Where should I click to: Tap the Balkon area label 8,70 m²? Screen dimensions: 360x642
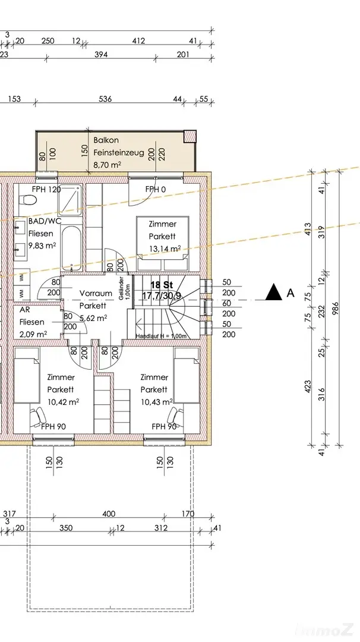(107, 165)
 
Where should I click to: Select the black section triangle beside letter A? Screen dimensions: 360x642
(274, 292)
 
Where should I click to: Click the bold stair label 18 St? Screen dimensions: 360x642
(162, 285)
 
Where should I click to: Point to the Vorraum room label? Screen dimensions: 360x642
(96, 293)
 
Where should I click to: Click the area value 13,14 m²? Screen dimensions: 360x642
(165, 248)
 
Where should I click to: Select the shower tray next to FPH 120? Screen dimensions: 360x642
(70, 201)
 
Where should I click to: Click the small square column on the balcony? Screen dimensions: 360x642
(190, 136)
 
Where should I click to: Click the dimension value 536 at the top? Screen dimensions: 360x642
(105, 99)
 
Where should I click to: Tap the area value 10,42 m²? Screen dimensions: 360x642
(64, 402)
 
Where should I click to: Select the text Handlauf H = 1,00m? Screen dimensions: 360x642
(161, 336)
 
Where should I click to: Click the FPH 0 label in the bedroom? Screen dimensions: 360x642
(156, 189)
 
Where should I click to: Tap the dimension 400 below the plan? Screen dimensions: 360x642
(109, 514)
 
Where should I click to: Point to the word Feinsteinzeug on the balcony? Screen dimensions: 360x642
(119, 153)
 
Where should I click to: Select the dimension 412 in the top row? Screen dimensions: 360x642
(138, 41)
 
